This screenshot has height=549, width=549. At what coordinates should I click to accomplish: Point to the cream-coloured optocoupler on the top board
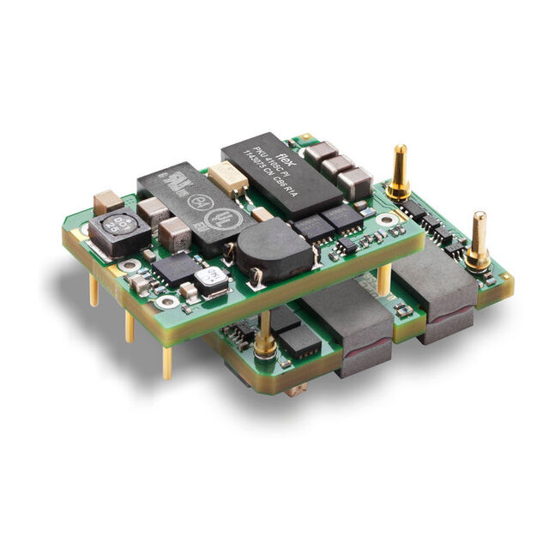point(228,178)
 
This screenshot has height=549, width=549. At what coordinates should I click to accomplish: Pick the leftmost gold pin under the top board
point(94,289)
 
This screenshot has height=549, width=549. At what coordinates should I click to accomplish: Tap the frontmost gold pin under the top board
point(167,359)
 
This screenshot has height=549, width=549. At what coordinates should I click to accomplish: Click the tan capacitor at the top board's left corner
point(108,203)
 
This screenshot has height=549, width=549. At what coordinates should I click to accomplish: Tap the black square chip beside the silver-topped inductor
point(178,268)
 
